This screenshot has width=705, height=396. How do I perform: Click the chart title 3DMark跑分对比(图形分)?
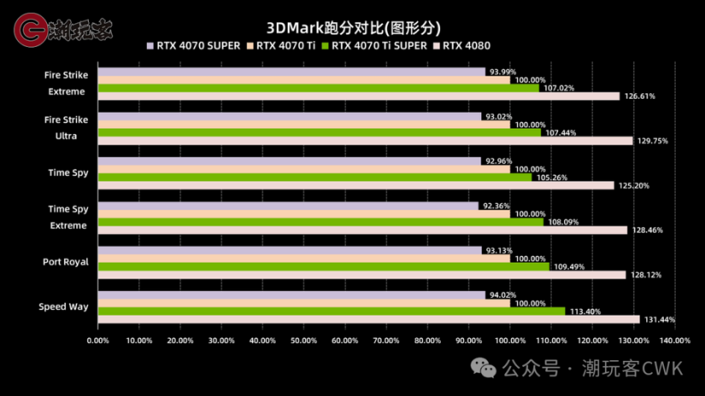[x=352, y=28]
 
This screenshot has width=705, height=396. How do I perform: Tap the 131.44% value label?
[x=659, y=320]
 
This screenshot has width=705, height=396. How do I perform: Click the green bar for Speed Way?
[x=330, y=311]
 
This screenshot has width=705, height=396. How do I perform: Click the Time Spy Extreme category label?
[x=68, y=217]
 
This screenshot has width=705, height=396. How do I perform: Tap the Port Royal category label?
[x=66, y=262]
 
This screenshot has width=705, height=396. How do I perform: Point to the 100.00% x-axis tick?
[x=510, y=340]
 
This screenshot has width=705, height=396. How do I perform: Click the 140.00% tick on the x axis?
[x=675, y=340]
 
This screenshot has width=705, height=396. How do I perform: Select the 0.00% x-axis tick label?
[x=98, y=340]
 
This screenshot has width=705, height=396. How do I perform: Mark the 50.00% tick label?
[x=304, y=340]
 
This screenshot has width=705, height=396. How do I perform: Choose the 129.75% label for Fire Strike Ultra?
[x=653, y=141]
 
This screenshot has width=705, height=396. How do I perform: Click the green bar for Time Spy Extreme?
[x=320, y=221]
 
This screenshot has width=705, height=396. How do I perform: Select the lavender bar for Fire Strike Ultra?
[x=289, y=117]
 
